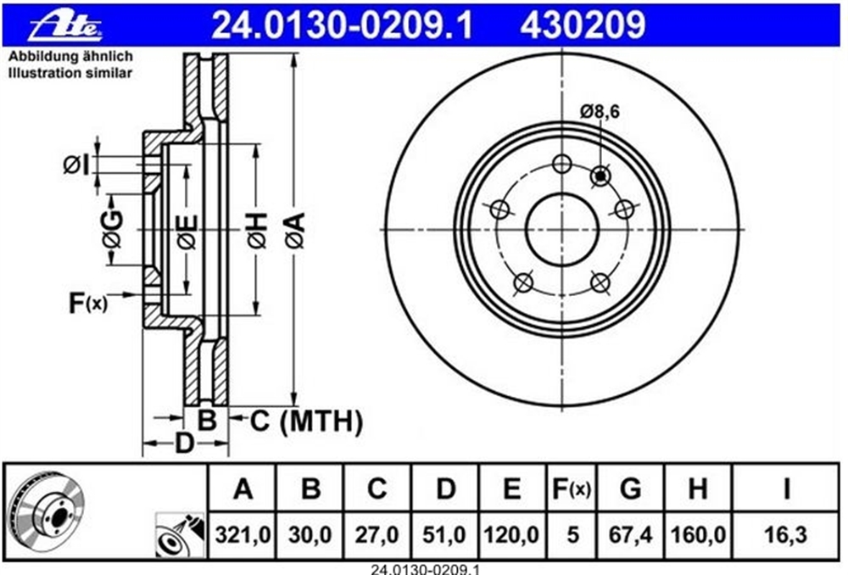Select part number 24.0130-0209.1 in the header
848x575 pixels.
coord(342,25)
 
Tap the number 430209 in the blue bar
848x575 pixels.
coord(583,25)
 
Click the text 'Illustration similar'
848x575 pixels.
coord(70,73)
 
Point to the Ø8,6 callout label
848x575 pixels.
coord(600,111)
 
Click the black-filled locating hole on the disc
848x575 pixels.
coord(600,176)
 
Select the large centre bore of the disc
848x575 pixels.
coord(562,229)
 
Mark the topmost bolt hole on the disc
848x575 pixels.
coord(562,164)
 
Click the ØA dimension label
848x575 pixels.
coord(296,231)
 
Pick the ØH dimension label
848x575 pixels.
coord(258,231)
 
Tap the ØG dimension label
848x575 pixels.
coord(113,230)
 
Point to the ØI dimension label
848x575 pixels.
coord(76,165)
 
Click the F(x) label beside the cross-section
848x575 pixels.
coord(88,303)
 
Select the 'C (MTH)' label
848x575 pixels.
coord(306,421)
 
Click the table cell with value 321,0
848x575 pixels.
coord(243,535)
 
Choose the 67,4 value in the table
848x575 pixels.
coord(631,535)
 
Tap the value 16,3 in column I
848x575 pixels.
coord(786,535)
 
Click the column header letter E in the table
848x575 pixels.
coord(512,489)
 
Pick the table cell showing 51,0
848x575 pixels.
coord(444,535)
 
